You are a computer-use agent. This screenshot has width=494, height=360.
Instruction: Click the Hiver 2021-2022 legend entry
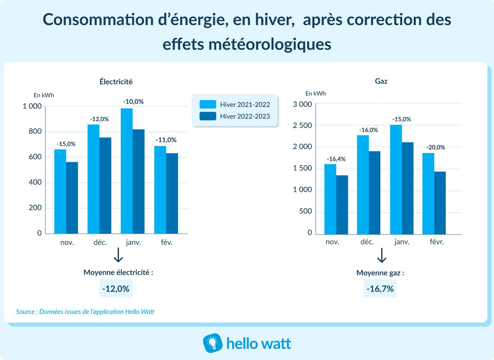235,104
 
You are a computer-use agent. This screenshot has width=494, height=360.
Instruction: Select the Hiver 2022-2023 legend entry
235,116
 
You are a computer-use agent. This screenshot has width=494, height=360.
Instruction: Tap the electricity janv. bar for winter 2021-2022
126,171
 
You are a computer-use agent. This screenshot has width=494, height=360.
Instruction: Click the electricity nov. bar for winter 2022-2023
72,197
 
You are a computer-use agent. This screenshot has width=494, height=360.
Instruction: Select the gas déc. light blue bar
363,185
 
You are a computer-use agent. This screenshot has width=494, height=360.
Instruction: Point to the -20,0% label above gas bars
434,147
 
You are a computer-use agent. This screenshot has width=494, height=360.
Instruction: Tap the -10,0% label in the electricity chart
133,102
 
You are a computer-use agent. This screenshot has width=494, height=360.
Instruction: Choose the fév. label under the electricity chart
167,242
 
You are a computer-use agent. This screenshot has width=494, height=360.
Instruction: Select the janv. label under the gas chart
402,242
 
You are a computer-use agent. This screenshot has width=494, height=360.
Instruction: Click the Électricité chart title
116,81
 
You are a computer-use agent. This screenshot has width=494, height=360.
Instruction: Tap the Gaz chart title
381,81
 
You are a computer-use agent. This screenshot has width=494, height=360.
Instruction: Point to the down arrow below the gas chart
382,255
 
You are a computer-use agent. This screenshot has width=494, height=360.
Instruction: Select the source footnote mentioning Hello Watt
85,311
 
